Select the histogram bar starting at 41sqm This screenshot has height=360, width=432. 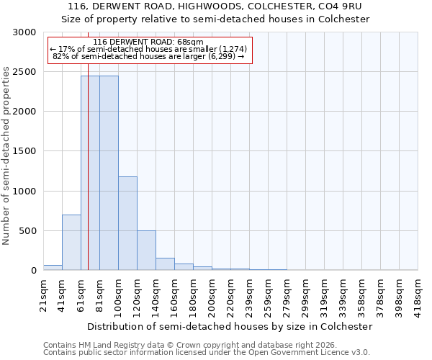pos(71,243)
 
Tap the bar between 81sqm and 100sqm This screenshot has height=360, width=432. pos(109,173)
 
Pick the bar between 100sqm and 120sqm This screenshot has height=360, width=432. pos(127,223)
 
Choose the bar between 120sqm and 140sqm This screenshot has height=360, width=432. pos(146,251)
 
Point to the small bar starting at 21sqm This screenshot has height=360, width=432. pos(53,268)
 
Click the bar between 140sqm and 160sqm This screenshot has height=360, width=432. pos(165,264)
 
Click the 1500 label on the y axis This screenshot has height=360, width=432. pos(23,152)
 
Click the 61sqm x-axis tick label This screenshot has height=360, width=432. pos(81,295)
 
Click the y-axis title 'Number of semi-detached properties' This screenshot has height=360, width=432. pos(6,156)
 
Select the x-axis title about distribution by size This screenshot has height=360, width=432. pos(230,326)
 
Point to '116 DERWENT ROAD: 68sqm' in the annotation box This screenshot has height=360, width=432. pos(148,42)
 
